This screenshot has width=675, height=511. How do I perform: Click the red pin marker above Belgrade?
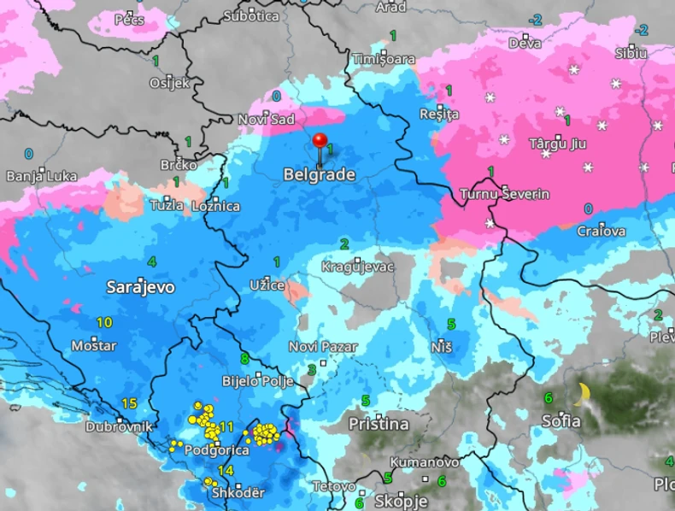click(320, 142)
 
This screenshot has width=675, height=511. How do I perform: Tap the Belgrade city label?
click(319, 174)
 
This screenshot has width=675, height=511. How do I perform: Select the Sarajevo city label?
click(140, 287)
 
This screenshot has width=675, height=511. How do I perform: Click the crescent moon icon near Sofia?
click(582, 394)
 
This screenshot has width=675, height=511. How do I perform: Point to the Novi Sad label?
click(266, 120)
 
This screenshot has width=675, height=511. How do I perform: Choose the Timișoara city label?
click(384, 59)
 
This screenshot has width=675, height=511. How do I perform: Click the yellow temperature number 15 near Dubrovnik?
click(130, 403)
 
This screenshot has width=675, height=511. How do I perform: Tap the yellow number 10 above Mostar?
click(104, 322)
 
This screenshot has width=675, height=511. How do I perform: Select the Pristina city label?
click(379, 424)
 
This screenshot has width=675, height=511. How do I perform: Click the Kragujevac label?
click(357, 267)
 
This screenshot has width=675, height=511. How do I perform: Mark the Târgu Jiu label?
click(561, 142)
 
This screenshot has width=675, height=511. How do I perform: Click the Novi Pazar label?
click(323, 347)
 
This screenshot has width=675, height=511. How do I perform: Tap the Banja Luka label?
click(41, 176)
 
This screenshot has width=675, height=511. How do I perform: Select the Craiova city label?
click(601, 231)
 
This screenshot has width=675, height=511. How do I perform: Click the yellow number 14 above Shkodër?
click(226, 471)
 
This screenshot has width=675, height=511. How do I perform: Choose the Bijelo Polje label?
click(257, 381)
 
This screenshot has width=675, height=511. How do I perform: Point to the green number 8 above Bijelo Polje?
click(244, 358)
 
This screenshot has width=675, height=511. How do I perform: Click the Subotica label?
click(250, 15)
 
